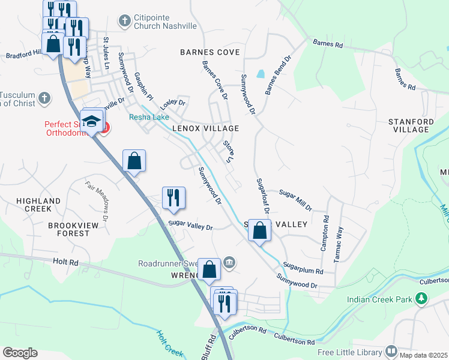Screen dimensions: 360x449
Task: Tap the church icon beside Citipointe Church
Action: point(125,22)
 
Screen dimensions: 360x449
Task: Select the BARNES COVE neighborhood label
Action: point(210,52)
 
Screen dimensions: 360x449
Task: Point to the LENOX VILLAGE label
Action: point(206,128)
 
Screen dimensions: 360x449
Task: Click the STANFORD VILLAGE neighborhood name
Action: point(411,125)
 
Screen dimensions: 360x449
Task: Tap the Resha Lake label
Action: point(149,117)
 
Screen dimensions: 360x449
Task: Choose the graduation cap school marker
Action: point(91,121)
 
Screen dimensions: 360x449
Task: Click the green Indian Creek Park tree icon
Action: point(422,298)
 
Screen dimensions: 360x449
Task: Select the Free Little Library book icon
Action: point(391,351)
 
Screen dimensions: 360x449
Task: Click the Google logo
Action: point(20,352)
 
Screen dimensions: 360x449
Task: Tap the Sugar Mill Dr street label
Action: point(296,200)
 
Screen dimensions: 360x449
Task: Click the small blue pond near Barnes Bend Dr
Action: point(260,75)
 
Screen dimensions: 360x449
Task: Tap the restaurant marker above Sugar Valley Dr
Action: point(173,198)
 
